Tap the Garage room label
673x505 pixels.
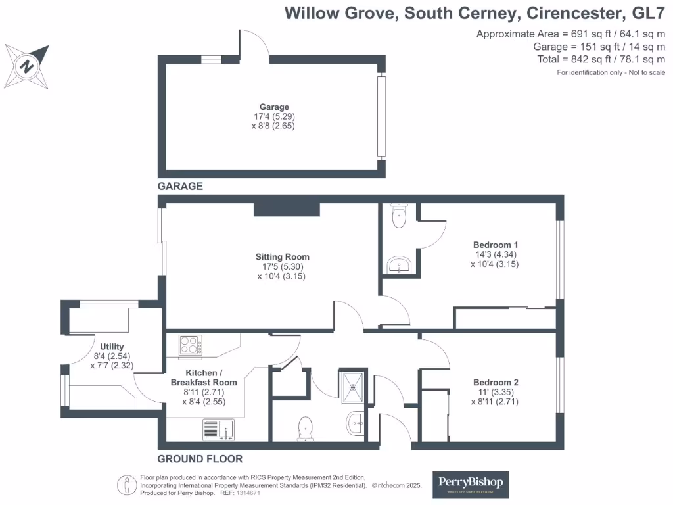tap(273, 107)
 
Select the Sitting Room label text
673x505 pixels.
tap(282, 257)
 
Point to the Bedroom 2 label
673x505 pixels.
tap(496, 383)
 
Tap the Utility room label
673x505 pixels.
tap(112, 347)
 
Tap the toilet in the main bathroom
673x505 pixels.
tap(306, 427)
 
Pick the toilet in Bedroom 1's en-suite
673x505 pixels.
tap(399, 216)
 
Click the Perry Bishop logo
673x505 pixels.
tap(470, 485)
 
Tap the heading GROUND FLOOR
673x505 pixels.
tap(200, 459)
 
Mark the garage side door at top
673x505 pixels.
tap(254, 46)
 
